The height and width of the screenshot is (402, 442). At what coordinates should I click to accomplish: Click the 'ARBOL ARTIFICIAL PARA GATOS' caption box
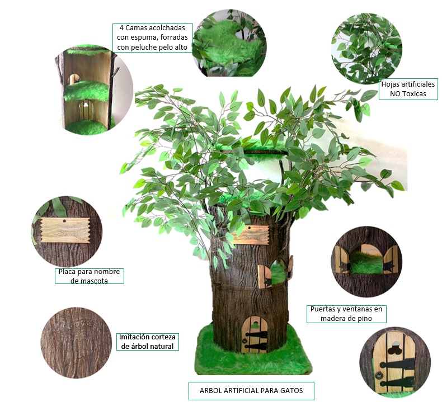[x=251, y=391]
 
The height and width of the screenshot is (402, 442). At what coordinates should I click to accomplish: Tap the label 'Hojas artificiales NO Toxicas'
[x=408, y=89]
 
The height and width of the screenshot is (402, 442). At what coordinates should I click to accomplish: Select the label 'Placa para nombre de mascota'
[x=90, y=276]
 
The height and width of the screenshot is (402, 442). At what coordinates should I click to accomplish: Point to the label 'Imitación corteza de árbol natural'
[x=148, y=342]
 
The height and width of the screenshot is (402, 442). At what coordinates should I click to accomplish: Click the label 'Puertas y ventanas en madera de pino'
[x=346, y=314]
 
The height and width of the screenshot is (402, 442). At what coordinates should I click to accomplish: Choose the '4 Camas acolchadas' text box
[x=153, y=38]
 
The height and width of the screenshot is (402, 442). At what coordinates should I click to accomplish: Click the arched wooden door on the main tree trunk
[x=255, y=334]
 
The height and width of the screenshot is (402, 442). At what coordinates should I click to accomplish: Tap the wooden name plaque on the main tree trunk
[x=250, y=234]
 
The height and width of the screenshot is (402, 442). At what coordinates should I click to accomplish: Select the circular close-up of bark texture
[x=76, y=343]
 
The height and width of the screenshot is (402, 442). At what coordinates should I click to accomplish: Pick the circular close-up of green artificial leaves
[x=366, y=49]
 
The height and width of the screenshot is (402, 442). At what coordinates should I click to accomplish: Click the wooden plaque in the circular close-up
[x=65, y=230]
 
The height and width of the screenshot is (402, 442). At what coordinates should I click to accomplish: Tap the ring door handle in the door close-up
[x=378, y=375]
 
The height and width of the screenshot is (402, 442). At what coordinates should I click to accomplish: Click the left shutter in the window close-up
[x=342, y=259]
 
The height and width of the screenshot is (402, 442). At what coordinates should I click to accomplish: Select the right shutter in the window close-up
[x=391, y=260]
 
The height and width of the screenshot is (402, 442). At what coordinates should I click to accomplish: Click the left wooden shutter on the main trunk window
[x=265, y=277]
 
